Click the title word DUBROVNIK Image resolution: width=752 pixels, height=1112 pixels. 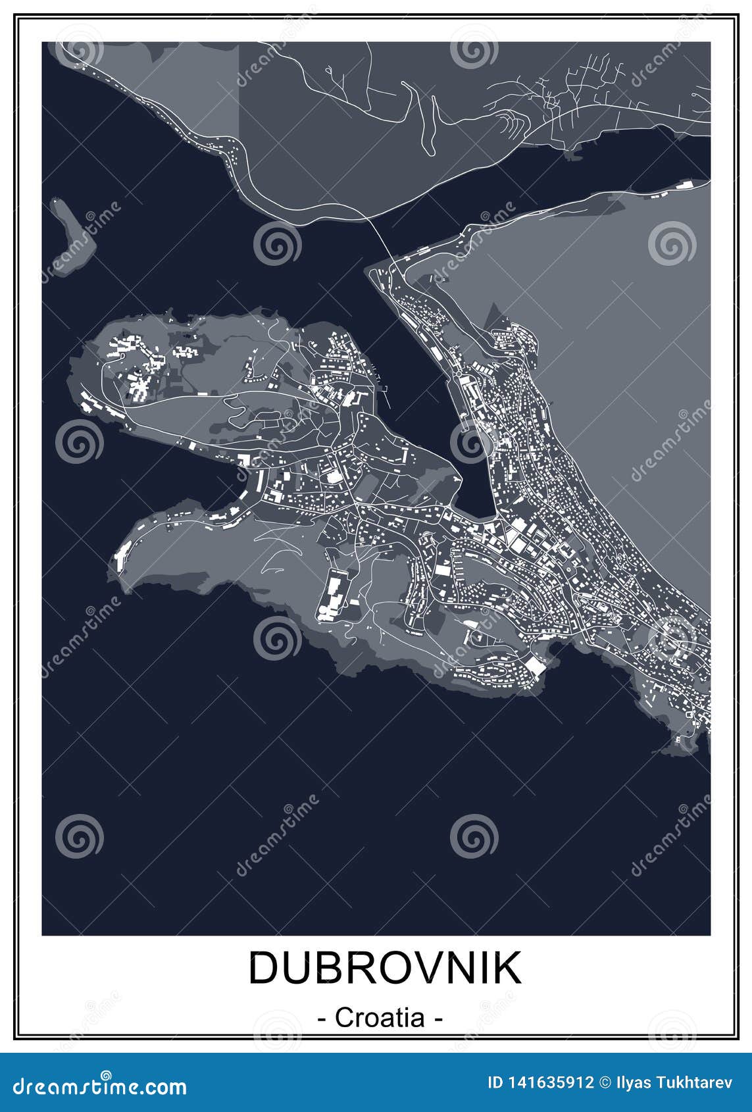pos(385,968)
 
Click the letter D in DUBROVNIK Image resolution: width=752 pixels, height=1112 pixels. pos(264,968)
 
